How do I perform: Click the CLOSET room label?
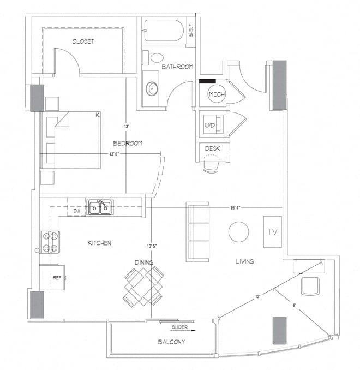[x=83, y=41]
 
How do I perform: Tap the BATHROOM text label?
[x=177, y=67]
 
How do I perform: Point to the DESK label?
[x=212, y=148]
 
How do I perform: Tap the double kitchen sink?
[x=101, y=207]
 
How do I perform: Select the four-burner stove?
[x=50, y=243]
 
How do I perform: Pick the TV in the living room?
[x=273, y=231]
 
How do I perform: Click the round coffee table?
[x=238, y=232]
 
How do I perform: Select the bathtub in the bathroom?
[x=163, y=31]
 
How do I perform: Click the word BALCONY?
[x=171, y=342]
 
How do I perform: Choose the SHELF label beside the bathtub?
[x=191, y=31]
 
